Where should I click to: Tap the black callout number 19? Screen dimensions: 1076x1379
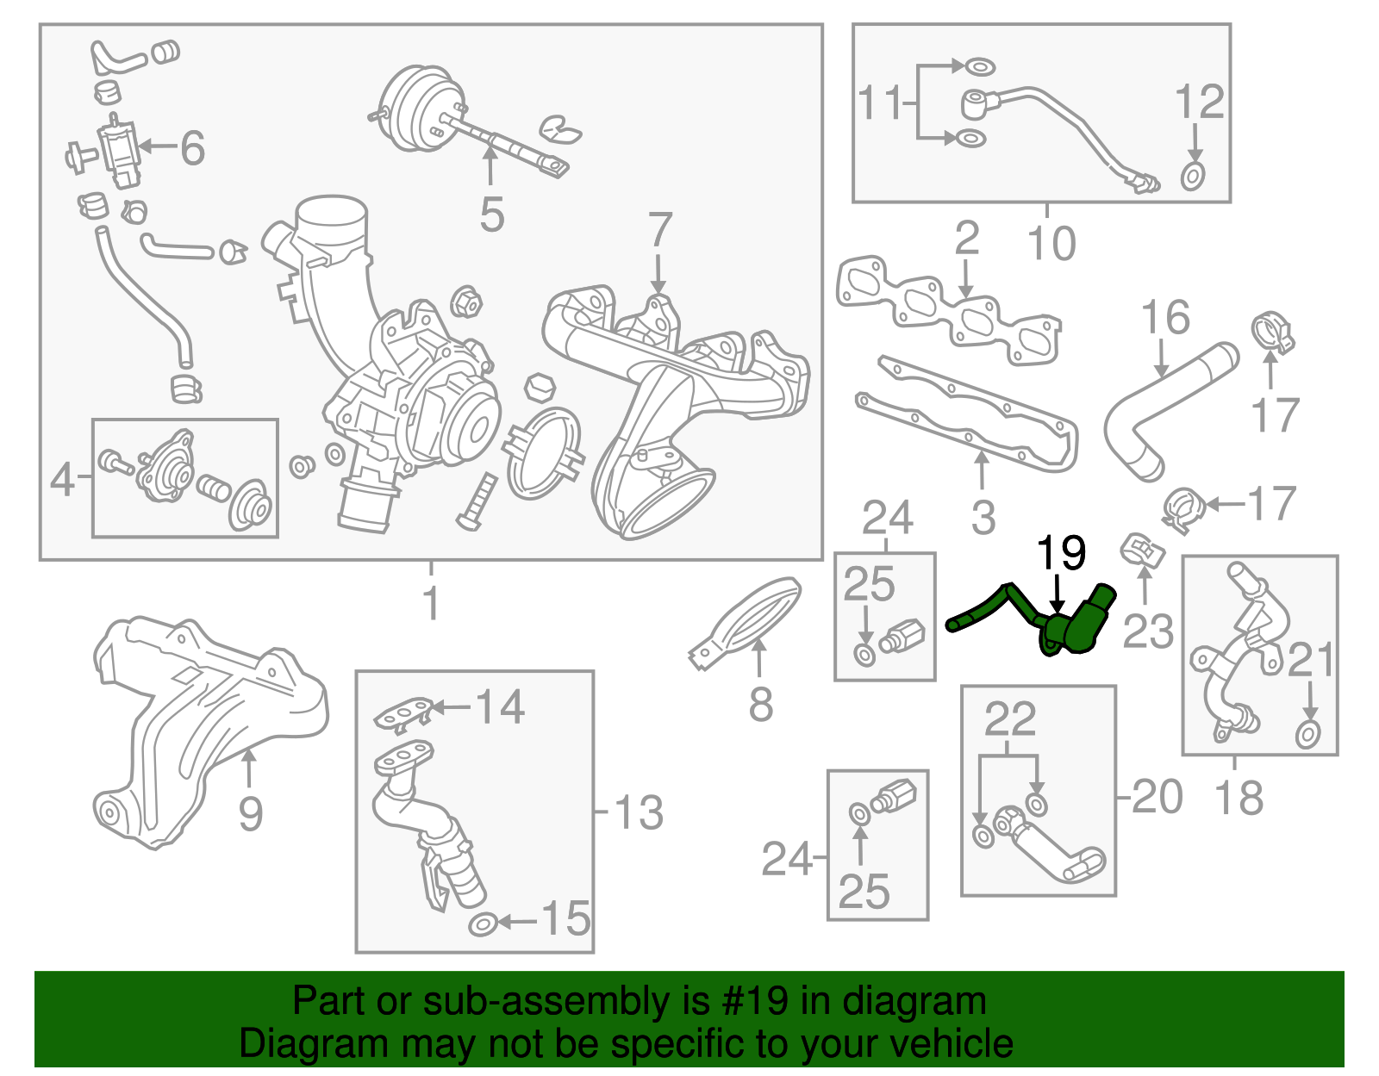[x=1060, y=554]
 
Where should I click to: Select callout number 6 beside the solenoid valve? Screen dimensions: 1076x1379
[x=192, y=148]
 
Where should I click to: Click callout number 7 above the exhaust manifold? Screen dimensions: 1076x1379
[x=659, y=231]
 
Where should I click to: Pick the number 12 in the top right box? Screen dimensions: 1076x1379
[x=1199, y=103]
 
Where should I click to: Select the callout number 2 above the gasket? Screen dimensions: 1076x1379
[x=967, y=238]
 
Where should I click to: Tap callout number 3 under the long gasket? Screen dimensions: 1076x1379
[x=983, y=518]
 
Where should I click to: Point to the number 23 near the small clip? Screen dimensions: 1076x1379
[x=1148, y=631]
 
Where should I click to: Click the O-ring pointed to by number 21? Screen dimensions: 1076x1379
[x=1307, y=735]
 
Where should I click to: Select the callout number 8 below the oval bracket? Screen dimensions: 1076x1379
[x=760, y=705]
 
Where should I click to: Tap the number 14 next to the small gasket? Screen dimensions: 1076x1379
[x=500, y=707]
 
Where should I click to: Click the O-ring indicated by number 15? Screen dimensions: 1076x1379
[x=483, y=924]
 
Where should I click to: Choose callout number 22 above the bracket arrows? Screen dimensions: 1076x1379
[x=1009, y=718]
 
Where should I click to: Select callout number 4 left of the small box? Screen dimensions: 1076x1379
[x=62, y=479]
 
